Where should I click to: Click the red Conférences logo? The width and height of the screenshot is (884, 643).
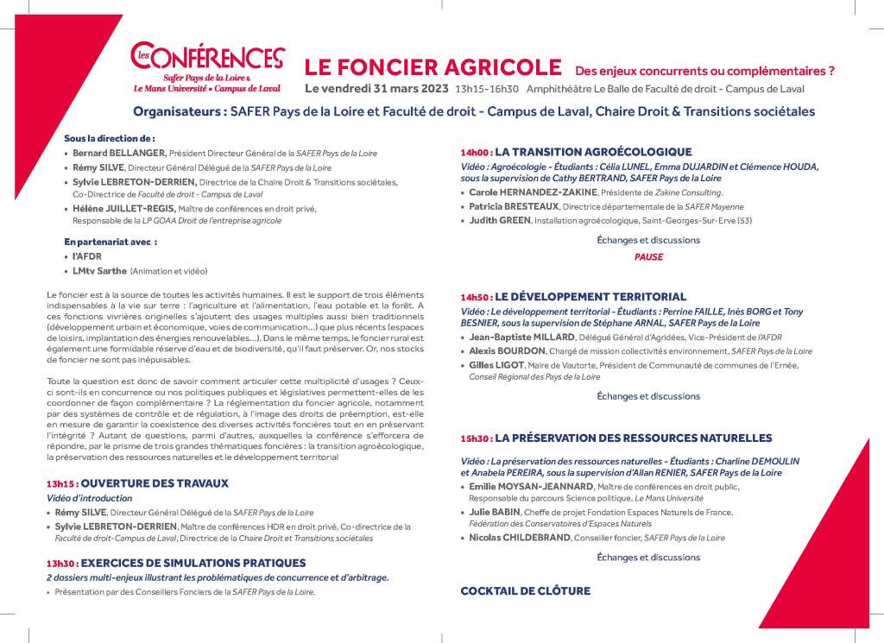[207, 58]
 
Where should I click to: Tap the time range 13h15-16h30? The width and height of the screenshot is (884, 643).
[487, 89]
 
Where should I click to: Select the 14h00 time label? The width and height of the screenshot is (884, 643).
[476, 152]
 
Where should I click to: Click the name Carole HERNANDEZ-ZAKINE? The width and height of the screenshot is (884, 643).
[529, 192]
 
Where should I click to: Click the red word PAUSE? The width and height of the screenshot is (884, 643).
[648, 257]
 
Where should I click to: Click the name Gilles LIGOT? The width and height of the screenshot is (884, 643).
[500, 365]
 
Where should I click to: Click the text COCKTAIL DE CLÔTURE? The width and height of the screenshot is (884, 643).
[525, 591]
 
